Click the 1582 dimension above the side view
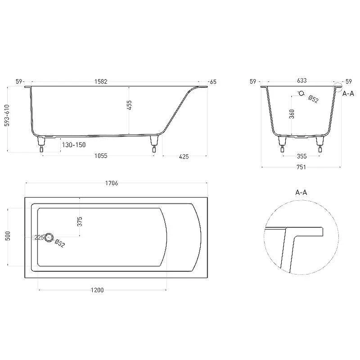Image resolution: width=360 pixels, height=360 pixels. point(101,81)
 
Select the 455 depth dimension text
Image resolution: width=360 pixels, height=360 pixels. point(129,105)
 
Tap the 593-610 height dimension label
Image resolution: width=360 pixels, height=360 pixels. point(7,115)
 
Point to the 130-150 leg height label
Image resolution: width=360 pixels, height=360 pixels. point(74,145)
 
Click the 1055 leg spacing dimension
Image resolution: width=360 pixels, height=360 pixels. point(101,156)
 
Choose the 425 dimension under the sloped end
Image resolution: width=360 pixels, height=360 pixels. point(184,157)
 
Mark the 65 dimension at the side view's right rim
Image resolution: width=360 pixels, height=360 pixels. point(213,82)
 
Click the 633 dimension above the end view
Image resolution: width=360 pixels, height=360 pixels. point(301,81)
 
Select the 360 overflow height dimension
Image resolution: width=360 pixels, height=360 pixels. point(292,114)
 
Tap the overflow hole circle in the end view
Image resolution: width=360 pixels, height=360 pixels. point(301,93)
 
